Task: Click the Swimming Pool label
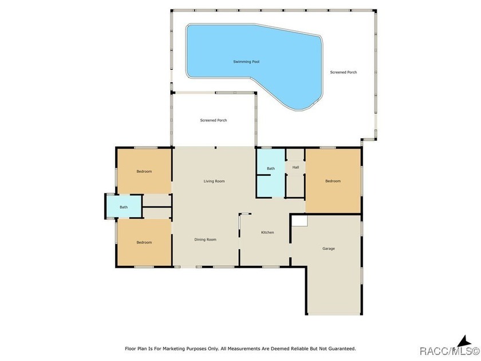pos(246,62)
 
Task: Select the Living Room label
pos(214,181)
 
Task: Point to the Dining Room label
pos(205,240)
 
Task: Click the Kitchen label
pos(267,233)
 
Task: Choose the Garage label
pos(329,248)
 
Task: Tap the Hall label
pos(295,167)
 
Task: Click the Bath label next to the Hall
pos(271,168)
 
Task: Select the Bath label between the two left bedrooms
pos(124,207)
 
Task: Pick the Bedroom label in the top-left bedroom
pos(144,171)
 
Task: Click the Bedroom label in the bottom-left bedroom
pos(144,242)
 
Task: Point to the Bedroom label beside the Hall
pos(333,181)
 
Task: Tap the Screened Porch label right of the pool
pos(343,72)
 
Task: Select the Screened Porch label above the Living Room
pos(214,120)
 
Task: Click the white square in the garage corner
pos(299,221)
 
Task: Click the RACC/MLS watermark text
pos(450,351)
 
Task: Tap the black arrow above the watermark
pos(464,342)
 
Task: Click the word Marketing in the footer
pos(174,348)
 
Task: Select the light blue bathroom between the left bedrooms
pos(124,206)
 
